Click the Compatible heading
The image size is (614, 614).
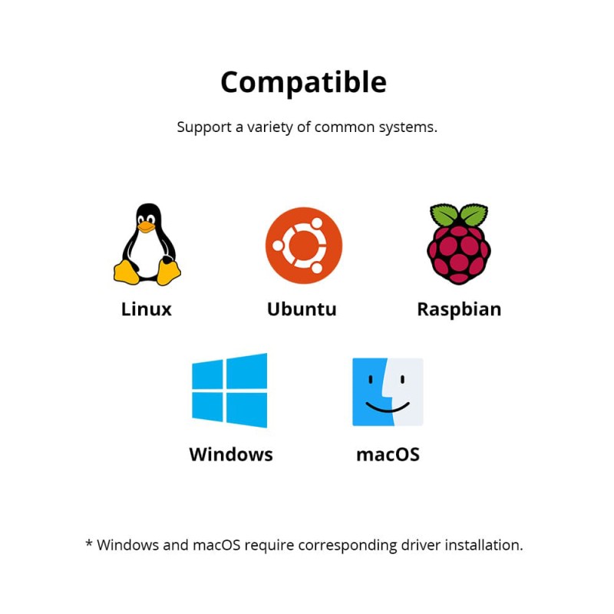[x=303, y=83]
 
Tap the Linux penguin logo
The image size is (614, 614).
[x=147, y=244]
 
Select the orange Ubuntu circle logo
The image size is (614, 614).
[x=304, y=246]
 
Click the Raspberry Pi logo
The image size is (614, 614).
[x=459, y=243]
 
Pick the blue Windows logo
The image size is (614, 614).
[x=229, y=391]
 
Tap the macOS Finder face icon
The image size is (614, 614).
[x=388, y=391]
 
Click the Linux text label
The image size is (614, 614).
[x=147, y=309]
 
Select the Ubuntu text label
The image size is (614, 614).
[x=302, y=309]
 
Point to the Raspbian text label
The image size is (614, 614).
[x=459, y=310]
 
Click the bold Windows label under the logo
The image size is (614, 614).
[x=231, y=454]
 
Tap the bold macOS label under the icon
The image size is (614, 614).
[x=388, y=455]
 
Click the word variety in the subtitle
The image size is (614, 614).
[x=269, y=127]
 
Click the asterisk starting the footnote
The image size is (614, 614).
[x=89, y=543]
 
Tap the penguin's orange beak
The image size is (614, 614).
[x=146, y=226]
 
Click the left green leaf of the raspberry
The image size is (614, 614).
[x=444, y=214]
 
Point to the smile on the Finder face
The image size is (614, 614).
[x=388, y=408]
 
